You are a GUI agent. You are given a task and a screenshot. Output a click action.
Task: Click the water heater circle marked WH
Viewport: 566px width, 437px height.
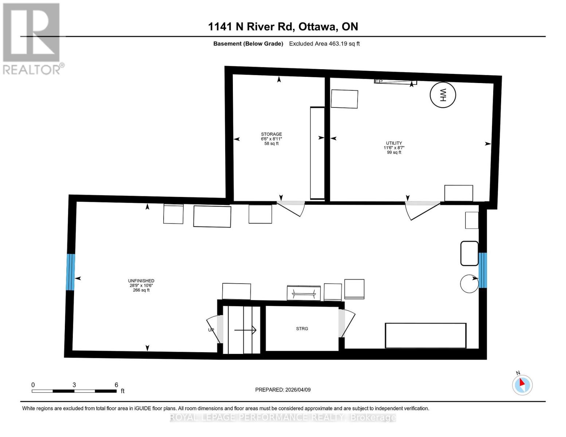[443, 95]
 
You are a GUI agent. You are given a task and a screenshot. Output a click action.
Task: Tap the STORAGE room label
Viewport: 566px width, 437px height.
[271, 134]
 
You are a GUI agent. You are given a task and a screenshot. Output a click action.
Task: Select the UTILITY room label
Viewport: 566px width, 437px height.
[394, 143]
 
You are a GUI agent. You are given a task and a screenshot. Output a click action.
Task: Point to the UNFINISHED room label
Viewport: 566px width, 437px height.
[141, 281]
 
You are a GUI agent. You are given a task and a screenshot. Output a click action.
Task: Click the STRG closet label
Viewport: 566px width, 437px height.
[302, 328]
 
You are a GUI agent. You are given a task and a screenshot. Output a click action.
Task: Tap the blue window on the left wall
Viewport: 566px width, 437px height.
[70, 272]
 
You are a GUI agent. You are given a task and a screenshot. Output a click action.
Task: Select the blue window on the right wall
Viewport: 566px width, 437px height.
[483, 270]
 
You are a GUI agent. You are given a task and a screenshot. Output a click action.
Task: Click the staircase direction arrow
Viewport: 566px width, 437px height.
[245, 330]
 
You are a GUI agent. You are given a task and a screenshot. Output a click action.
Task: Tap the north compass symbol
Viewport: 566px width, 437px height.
[522, 385]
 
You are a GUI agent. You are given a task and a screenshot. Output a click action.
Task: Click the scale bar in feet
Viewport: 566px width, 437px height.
[74, 391]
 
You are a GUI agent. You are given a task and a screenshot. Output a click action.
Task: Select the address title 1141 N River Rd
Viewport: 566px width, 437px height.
[283, 27]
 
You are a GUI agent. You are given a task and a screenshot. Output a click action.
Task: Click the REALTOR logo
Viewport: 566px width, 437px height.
[32, 38]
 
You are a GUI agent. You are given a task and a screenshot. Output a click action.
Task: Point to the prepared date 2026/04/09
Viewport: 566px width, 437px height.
[282, 390]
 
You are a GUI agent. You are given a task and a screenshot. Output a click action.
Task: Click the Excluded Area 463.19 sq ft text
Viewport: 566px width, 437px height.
[324, 44]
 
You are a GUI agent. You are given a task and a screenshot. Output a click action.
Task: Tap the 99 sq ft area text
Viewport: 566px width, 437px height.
[394, 152]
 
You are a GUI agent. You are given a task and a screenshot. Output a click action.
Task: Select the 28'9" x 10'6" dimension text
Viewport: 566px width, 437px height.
[141, 286]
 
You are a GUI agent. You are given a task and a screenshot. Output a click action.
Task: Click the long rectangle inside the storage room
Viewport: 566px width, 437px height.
[317, 153]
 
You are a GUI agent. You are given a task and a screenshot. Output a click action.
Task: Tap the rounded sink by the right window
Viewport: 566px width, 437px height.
[469, 253]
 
